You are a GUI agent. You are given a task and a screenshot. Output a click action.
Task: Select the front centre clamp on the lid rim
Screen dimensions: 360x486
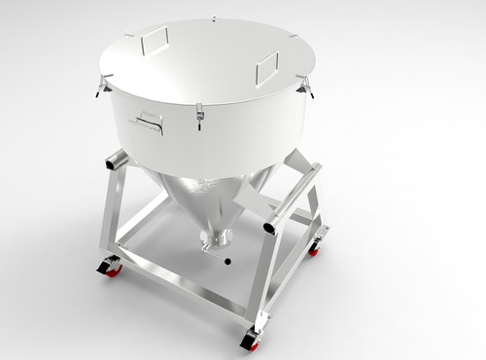tap(197, 112)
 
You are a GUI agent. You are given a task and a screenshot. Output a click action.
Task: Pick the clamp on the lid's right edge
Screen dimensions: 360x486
tap(308, 86)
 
